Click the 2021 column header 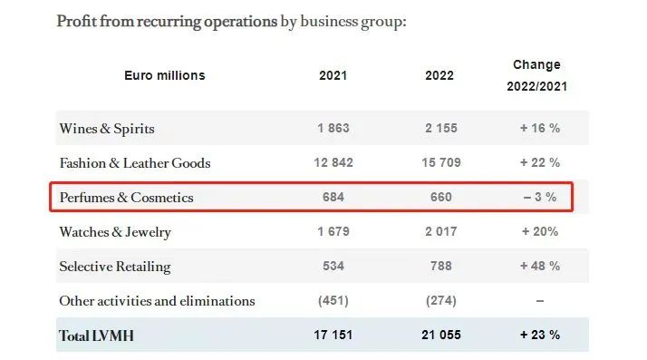(x=333, y=75)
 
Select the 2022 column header (x=439, y=75)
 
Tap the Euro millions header (x=165, y=75)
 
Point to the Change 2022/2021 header (x=536, y=75)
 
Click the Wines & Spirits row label (x=107, y=129)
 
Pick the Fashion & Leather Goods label (x=135, y=163)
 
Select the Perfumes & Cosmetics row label (x=126, y=198)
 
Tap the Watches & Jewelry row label (x=115, y=232)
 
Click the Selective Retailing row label (x=115, y=267)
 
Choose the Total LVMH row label (x=97, y=336)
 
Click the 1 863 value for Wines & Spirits (x=333, y=128)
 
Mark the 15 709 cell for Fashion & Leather (x=441, y=162)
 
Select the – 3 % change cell (x=540, y=197)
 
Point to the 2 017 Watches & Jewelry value (x=441, y=231)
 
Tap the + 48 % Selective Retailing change (x=540, y=266)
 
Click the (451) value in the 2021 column (x=333, y=300)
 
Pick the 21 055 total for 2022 (x=441, y=335)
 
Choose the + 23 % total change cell (x=540, y=335)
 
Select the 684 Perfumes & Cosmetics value (x=333, y=197)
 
